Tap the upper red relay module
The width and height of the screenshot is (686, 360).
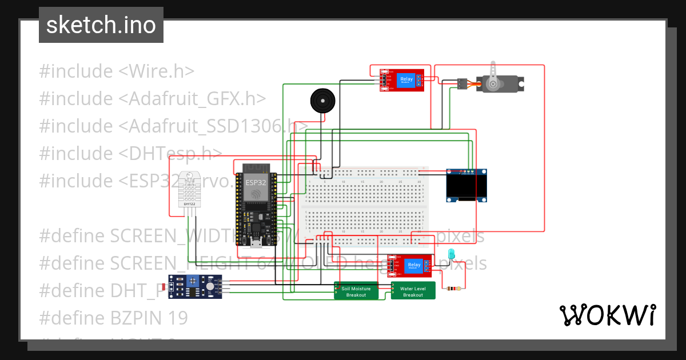click(x=404, y=80)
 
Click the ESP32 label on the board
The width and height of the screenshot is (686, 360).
click(x=256, y=182)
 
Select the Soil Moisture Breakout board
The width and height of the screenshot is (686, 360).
click(x=356, y=291)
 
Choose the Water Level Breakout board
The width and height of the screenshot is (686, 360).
click(x=413, y=291)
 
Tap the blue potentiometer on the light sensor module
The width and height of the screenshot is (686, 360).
click(x=190, y=281)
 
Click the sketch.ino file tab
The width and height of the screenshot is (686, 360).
click(x=101, y=25)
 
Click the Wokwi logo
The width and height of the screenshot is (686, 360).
click(x=607, y=315)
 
